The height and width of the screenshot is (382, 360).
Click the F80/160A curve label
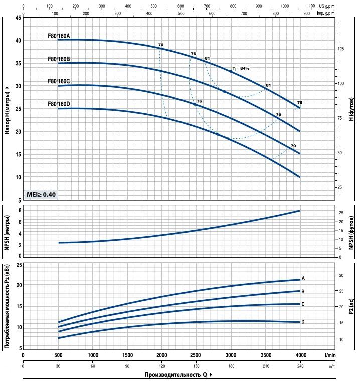(58, 36)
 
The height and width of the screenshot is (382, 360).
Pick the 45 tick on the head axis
(18, 18)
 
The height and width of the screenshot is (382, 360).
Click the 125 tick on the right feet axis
(340, 49)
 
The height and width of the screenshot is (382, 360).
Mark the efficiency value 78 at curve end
(299, 102)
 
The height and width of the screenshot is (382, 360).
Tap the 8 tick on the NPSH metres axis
(20, 211)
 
